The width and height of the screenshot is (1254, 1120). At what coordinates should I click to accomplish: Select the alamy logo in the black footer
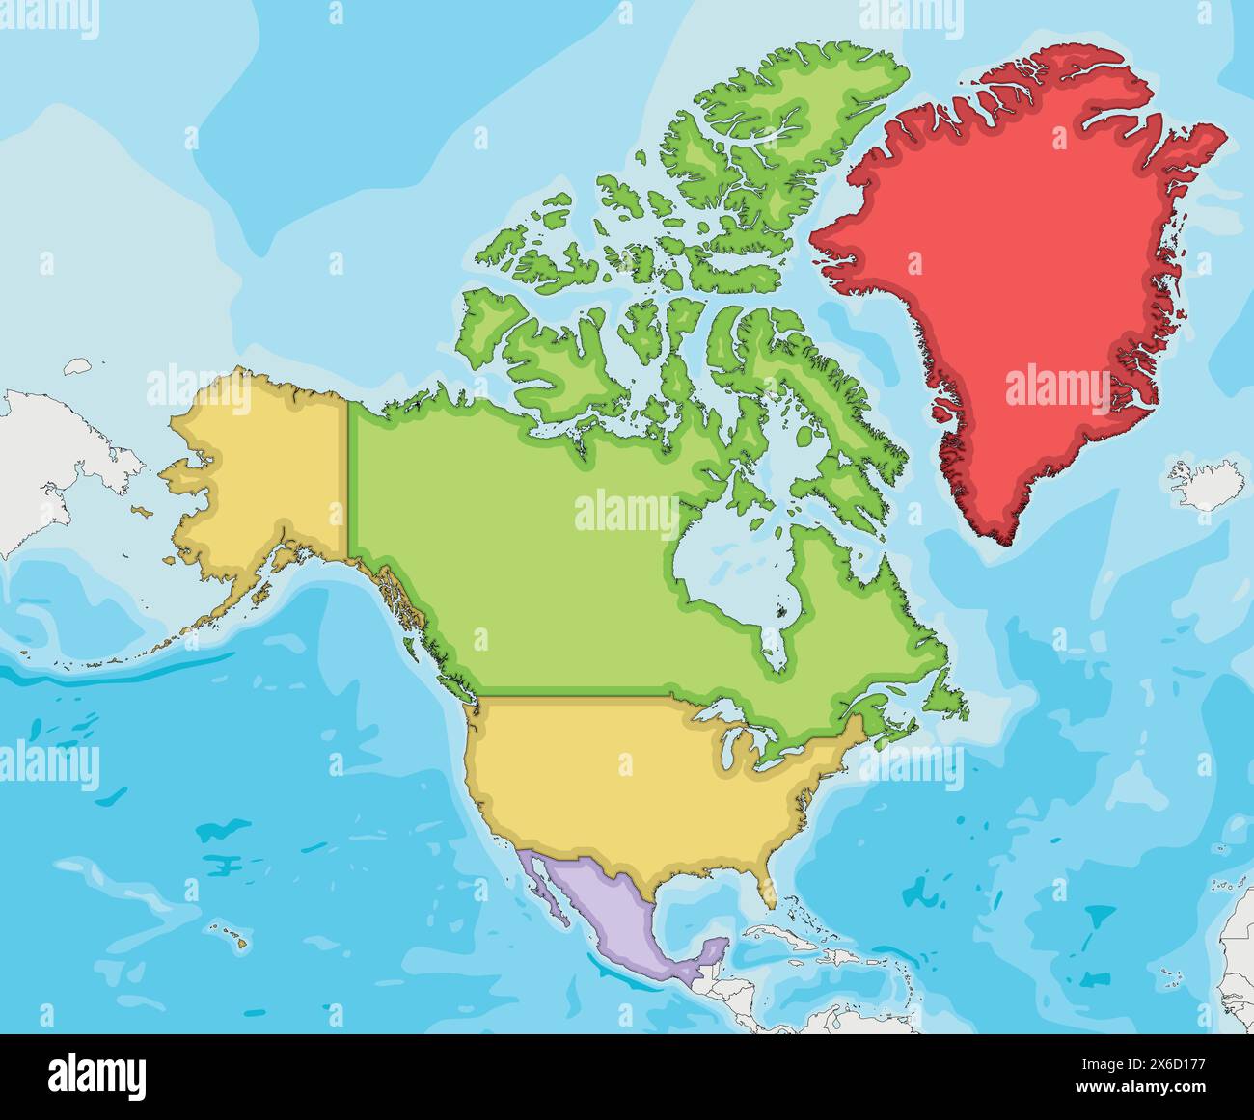pyautogui.click(x=97, y=1073)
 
